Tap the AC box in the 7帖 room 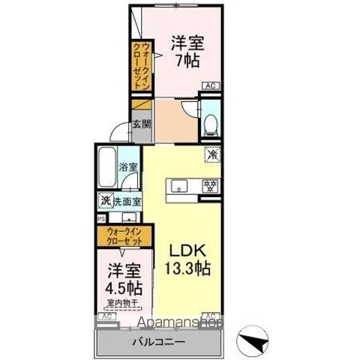211,85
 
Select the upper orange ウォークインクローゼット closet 140,66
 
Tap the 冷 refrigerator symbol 212,154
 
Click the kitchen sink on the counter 181,185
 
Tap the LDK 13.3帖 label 187,258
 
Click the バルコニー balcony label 160,342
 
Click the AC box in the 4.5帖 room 106,317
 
